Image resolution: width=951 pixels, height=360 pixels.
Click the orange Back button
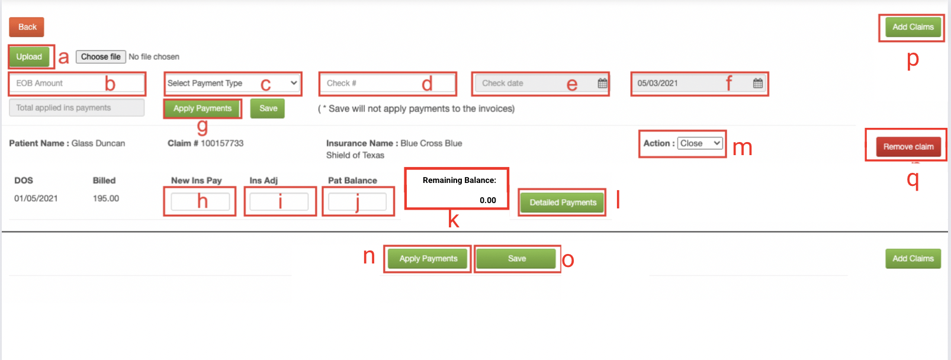tap(27, 27)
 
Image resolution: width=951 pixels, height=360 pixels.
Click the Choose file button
tap(101, 56)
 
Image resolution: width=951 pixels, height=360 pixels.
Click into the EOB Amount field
tap(76, 83)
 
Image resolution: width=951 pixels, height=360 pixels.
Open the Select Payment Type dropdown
tap(232, 83)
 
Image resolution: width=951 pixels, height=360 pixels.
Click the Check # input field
tap(388, 83)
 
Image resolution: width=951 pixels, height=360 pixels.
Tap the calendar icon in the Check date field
tap(602, 83)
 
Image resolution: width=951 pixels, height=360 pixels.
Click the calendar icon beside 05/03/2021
tap(758, 83)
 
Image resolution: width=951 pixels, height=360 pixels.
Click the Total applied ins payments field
tap(76, 108)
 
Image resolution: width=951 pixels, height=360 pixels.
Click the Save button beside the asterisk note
tap(268, 108)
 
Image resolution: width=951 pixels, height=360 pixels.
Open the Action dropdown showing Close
tap(700, 143)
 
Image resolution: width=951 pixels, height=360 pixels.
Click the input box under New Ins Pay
tap(200, 201)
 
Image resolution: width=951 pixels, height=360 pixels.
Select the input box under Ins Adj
tap(279, 201)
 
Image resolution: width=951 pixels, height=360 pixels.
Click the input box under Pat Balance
tap(357, 201)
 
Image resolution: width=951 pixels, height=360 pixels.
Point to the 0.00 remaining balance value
tap(488, 200)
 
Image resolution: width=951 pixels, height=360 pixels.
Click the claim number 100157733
tap(222, 143)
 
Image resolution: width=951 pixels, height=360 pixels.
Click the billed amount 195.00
tap(106, 198)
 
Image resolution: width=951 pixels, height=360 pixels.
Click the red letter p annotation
tap(913, 59)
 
